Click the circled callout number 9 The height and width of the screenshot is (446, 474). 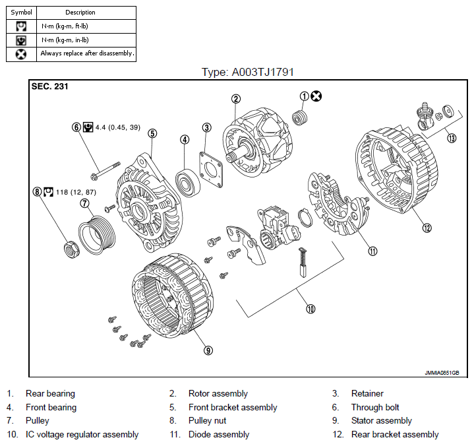[208, 350]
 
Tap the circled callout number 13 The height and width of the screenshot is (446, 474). [452, 139]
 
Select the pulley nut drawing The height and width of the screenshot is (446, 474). [72, 249]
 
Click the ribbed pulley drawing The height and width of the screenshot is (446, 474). [97, 235]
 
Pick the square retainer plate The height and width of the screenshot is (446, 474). [211, 170]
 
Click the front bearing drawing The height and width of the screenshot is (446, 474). [188, 183]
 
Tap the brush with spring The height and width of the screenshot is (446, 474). [303, 262]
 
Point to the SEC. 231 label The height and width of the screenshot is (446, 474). [50, 86]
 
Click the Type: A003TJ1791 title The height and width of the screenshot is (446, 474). [248, 72]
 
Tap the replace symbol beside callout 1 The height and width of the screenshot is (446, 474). [316, 96]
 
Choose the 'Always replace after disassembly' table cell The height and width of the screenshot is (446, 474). [86, 55]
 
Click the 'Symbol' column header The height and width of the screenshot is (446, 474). [21, 13]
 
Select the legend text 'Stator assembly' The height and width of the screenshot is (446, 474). [382, 420]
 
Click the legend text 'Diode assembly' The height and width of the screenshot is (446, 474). [219, 435]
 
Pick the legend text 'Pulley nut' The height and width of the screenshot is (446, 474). [208, 420]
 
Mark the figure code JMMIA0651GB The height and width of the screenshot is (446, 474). [442, 373]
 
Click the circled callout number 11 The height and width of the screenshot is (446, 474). [372, 251]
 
